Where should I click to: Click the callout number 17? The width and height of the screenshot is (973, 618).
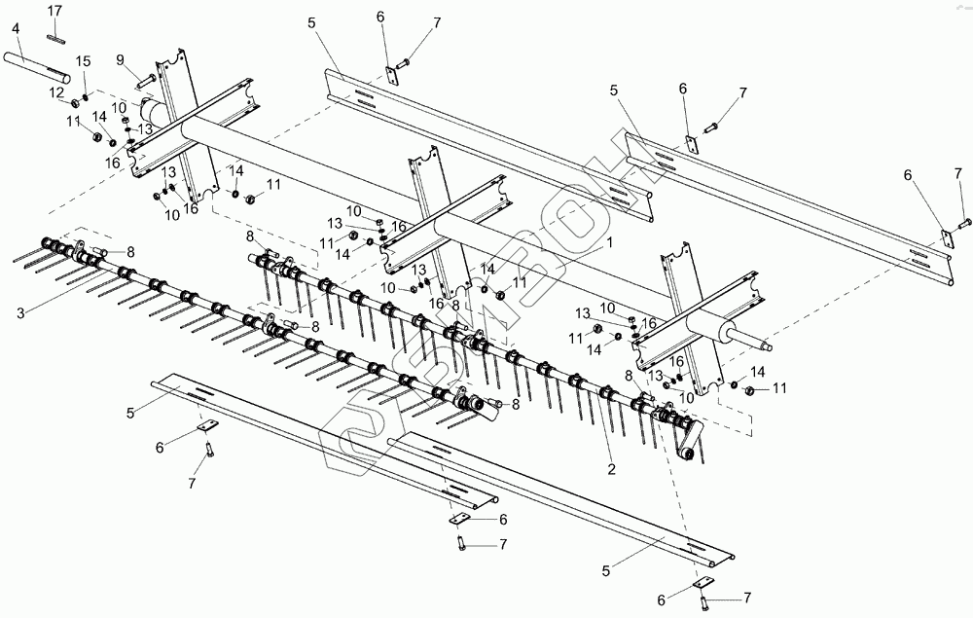[x=54, y=11]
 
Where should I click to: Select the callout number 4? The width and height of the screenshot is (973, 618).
[x=16, y=29]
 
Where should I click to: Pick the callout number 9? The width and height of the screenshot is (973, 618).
[x=121, y=60]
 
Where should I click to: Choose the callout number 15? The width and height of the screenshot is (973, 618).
[x=84, y=62]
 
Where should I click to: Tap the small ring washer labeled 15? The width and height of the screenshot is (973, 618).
[x=87, y=96]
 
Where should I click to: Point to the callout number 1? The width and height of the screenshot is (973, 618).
[x=609, y=238]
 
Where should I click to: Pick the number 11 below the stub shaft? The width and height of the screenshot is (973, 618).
[x=778, y=389]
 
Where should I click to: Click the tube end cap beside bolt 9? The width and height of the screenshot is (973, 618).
[x=152, y=110]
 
